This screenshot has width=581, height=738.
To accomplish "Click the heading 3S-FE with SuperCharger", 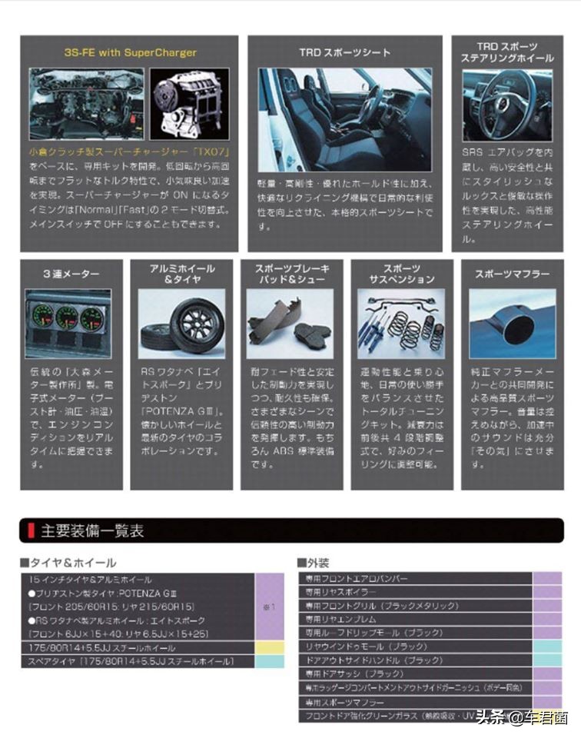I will tap(130, 53).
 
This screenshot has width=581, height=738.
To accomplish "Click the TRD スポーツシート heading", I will tap(344, 53).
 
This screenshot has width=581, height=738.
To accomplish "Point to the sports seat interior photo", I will tap(344, 119).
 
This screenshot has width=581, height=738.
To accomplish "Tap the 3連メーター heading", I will tap(71, 274).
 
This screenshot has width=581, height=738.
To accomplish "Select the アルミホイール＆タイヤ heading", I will tap(182, 274).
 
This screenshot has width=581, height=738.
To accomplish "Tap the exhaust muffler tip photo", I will tap(512, 324).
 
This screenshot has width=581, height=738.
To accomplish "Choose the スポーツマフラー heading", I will tap(512, 274).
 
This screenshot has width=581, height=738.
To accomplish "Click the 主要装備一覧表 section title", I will tap(92, 530).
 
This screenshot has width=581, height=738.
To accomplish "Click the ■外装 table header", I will tap(315, 563).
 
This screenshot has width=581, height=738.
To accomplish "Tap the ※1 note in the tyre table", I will tap(269, 607).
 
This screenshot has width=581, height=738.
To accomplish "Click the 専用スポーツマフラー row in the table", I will tap(345, 703).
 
